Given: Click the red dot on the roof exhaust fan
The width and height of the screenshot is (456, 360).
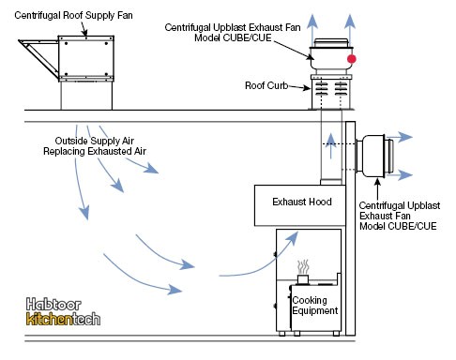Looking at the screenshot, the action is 352,59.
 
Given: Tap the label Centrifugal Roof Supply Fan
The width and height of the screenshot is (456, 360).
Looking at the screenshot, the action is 73,15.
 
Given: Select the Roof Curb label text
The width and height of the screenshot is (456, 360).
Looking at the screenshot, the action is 266,85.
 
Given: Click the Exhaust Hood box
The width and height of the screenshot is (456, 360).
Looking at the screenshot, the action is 300,205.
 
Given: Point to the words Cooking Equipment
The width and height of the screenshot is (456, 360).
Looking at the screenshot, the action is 314,306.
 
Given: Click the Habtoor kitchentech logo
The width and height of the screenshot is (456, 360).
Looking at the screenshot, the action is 63,311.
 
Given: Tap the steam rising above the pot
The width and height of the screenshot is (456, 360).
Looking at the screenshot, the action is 303,266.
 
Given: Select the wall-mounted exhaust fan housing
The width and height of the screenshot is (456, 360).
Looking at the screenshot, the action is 374,156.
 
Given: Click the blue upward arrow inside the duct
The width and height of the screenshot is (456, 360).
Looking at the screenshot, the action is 331,145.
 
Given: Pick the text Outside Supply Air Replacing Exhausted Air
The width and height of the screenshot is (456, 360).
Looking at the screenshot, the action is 95,146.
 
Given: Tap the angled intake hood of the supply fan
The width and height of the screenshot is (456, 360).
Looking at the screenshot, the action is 38,58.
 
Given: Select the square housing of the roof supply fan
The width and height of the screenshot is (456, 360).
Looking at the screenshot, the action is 86,58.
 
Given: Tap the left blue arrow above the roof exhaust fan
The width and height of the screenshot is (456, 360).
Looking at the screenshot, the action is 312,30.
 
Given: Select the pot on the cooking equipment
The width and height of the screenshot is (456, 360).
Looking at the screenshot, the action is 303,279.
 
